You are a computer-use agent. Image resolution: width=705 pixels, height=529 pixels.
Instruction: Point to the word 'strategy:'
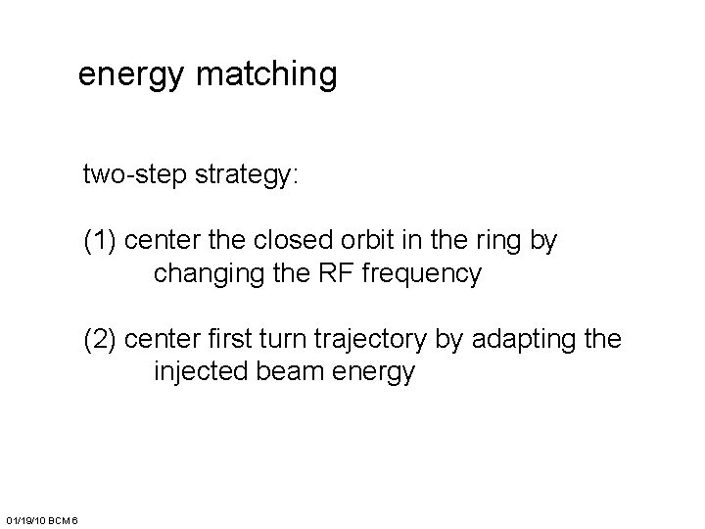(x=248, y=176)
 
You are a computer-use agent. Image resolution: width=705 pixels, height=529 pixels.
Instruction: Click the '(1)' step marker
(x=101, y=242)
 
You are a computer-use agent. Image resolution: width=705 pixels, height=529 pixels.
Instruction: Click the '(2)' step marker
(x=101, y=340)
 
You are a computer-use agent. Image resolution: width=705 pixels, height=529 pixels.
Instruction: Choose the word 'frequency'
(x=422, y=275)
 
